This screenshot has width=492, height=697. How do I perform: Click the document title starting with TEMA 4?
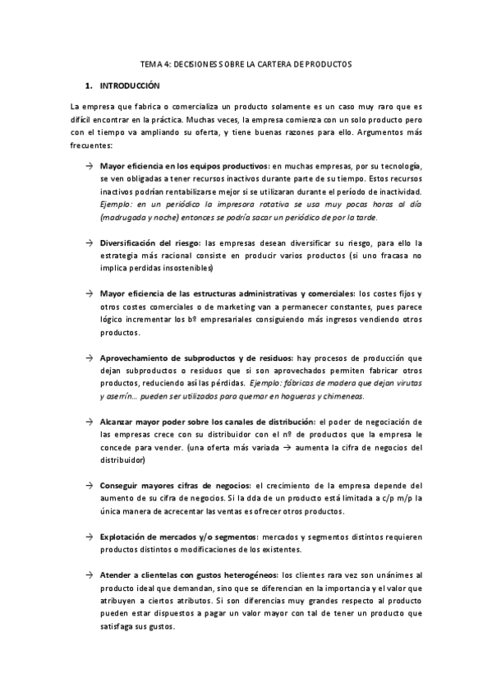coord(246,63)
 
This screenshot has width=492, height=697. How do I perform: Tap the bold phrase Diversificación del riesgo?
coord(150,242)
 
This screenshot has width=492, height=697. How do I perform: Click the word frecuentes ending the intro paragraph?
coord(90,145)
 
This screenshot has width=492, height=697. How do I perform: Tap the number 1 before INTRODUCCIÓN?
coord(88,85)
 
